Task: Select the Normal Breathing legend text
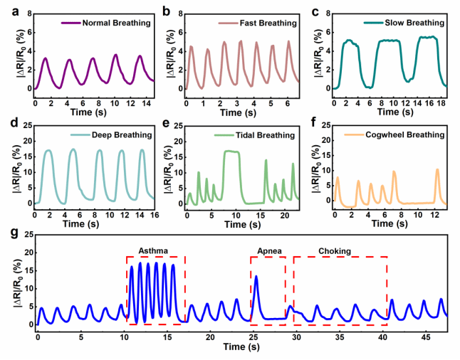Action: coord(117,23)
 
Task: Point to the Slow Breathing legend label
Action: coord(414,23)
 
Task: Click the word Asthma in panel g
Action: coord(154,250)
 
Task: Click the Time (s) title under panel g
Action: coord(241,347)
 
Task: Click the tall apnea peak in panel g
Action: coord(256,277)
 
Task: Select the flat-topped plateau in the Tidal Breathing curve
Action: coord(231,151)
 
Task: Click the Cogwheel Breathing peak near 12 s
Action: coord(437,170)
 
